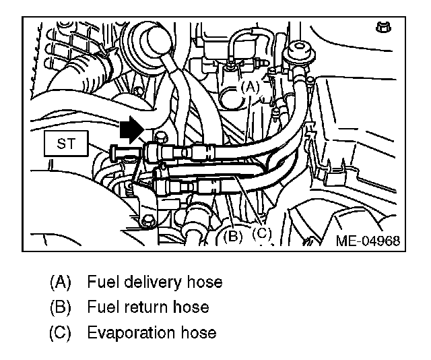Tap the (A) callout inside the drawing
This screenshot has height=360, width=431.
tap(250, 87)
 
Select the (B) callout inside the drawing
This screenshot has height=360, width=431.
tap(232, 236)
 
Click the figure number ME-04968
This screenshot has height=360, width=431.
tap(368, 241)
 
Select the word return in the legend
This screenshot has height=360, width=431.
tap(137, 307)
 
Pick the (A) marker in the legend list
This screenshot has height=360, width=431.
tap(59, 282)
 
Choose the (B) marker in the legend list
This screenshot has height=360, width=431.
tap(59, 307)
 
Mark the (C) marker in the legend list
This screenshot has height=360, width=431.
tap(59, 333)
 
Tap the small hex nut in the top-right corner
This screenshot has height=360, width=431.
tap(381, 29)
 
